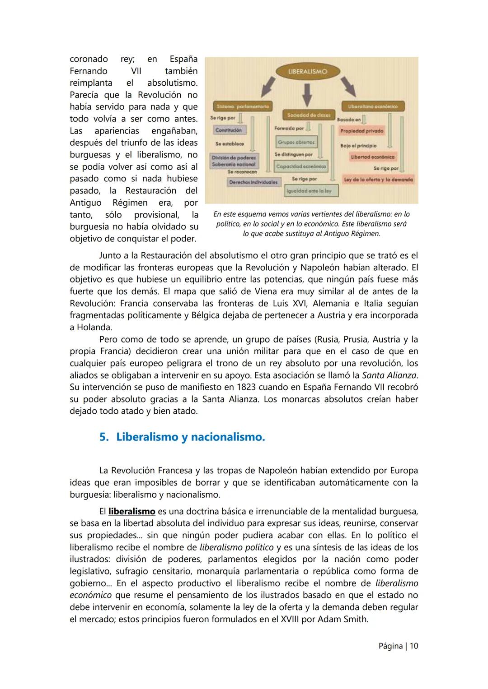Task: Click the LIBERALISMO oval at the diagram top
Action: click(308, 71)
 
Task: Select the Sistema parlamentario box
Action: click(243, 106)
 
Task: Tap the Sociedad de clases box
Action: click(309, 115)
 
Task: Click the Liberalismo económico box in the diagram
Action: click(373, 106)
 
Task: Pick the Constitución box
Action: click(229, 130)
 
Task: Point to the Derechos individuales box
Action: click(253, 182)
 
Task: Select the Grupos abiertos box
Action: click(296, 142)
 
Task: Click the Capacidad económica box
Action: click(301, 166)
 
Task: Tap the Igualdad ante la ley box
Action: click(311, 191)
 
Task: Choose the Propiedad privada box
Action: click(361, 131)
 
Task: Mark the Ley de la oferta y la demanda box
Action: click(378, 179)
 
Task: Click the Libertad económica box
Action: click(372, 157)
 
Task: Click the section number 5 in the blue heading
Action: click(103, 437)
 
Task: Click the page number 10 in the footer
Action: click(414, 646)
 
